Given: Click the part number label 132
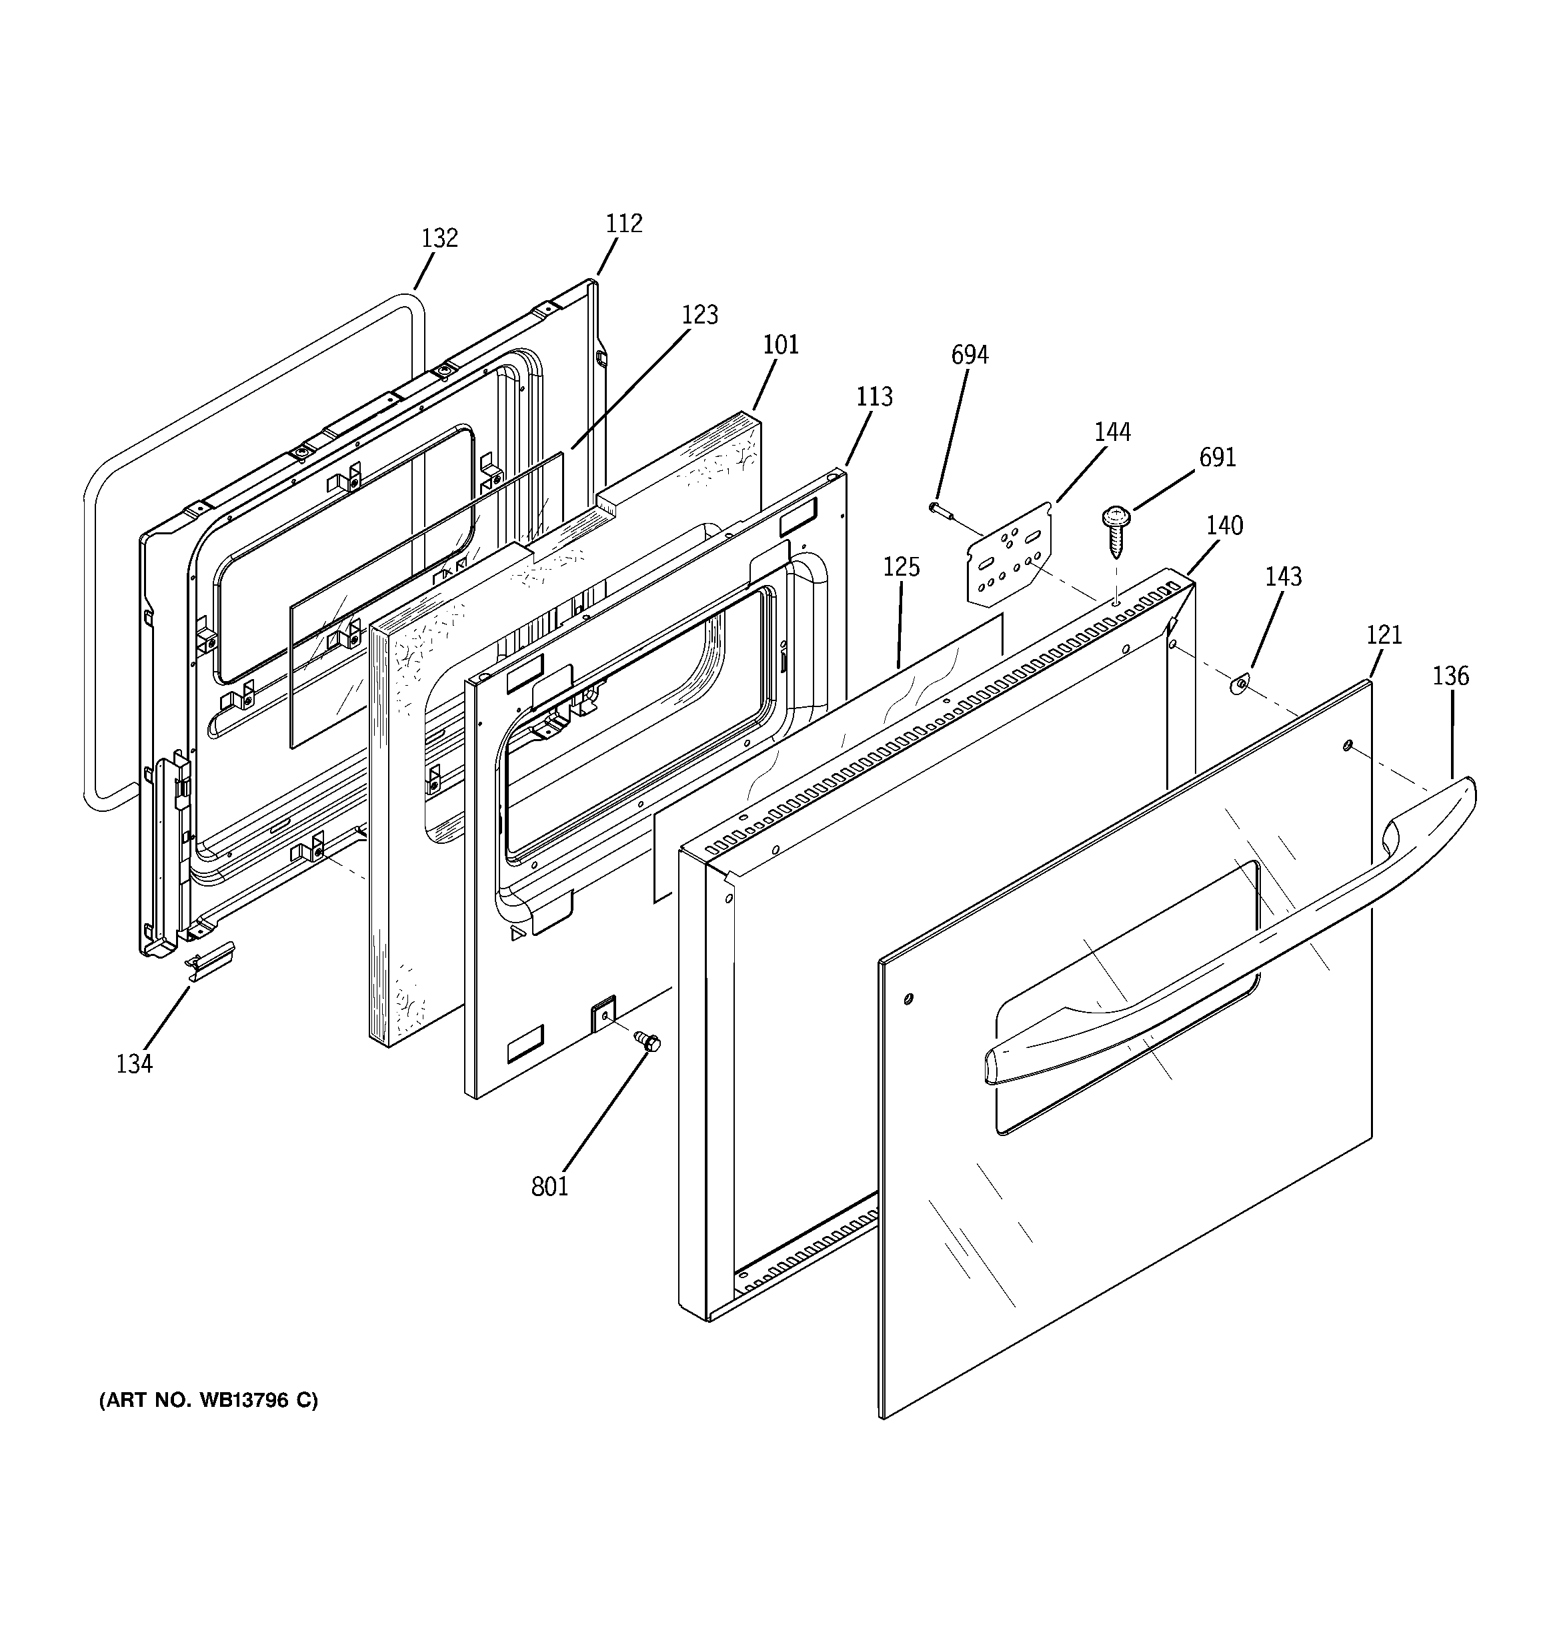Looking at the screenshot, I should point(439,238).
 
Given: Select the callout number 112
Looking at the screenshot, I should point(623,223).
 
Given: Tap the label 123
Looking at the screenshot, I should point(699,315).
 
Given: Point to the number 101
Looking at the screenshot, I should point(781,345).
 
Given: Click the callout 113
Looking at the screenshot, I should point(874,397).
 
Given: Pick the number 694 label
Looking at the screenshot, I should point(969,356).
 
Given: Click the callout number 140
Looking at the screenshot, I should point(1224,526).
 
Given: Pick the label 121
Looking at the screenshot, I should point(1384,635).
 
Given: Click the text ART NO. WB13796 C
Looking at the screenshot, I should point(209,1401).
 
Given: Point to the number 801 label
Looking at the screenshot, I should point(549,1187).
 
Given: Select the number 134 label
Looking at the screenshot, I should point(135,1064).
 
